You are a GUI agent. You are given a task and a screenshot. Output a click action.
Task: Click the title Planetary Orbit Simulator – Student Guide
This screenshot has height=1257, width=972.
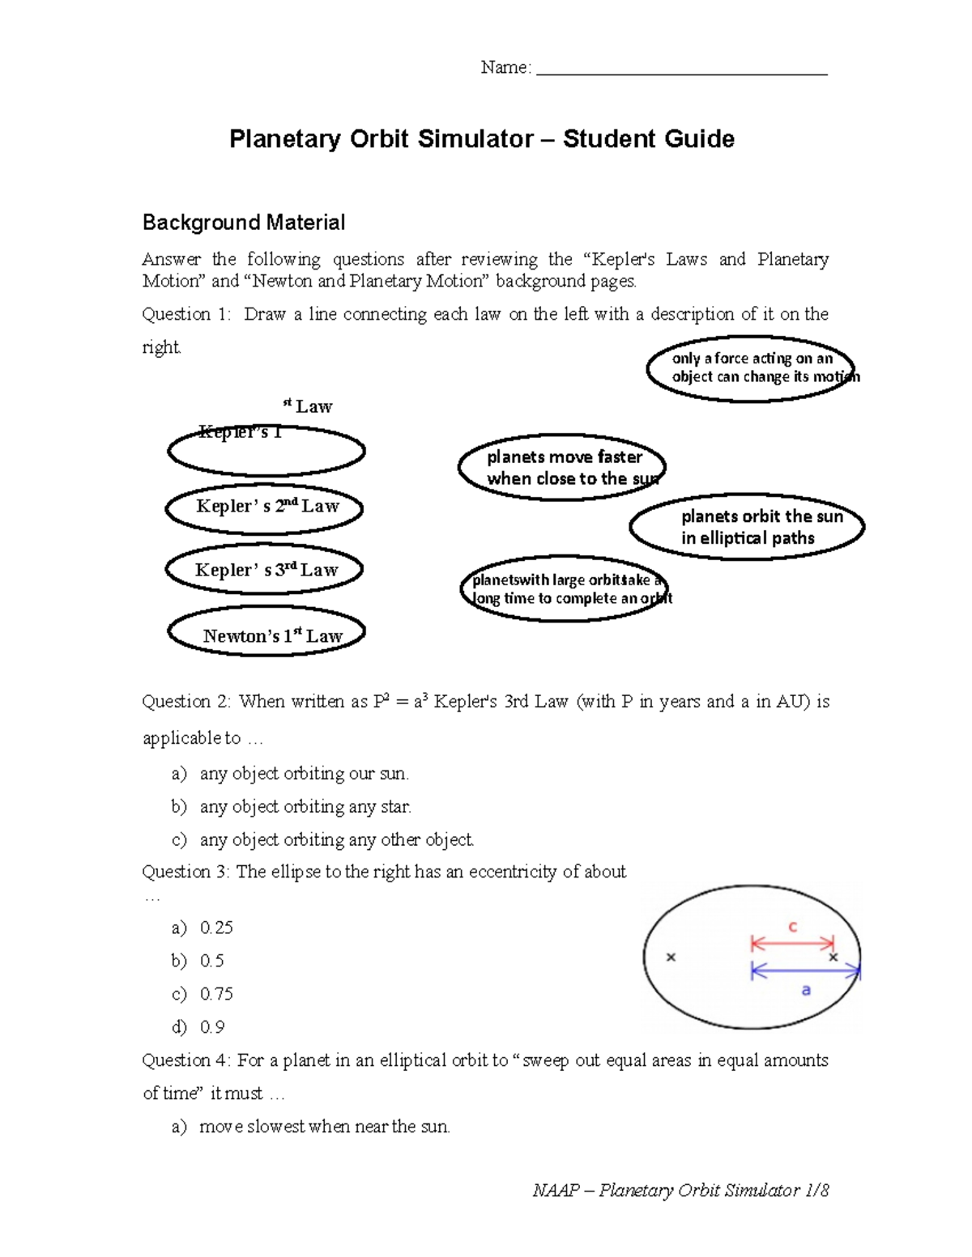tap(482, 139)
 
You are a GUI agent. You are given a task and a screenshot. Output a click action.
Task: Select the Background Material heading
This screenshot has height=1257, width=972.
tap(244, 223)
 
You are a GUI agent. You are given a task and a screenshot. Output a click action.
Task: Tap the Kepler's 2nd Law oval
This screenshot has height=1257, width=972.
tap(265, 507)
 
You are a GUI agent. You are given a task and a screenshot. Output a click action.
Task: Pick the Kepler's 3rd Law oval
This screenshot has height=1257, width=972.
tap(264, 570)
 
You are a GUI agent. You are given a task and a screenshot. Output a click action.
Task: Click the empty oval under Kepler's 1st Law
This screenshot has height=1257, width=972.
tap(266, 452)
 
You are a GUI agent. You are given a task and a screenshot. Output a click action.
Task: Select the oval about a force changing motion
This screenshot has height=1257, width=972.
tap(752, 368)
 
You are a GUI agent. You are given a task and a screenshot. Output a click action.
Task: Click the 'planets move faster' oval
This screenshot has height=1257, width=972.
tap(562, 467)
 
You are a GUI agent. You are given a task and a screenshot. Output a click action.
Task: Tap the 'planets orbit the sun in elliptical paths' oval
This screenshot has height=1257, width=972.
tap(748, 527)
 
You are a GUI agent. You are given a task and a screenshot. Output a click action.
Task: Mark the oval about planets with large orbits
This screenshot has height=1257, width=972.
tap(565, 588)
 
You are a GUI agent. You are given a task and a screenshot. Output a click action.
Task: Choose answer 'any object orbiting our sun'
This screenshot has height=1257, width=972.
tap(304, 774)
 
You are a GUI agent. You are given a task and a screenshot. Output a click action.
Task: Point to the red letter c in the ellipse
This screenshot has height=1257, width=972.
tap(793, 927)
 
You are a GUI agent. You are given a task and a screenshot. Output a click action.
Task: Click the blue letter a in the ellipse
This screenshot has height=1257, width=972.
tap(806, 990)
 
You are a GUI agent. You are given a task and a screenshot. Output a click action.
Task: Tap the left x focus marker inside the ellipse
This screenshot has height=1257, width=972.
tap(671, 958)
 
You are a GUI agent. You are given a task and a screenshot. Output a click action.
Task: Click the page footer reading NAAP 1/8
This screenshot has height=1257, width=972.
tap(680, 1190)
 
